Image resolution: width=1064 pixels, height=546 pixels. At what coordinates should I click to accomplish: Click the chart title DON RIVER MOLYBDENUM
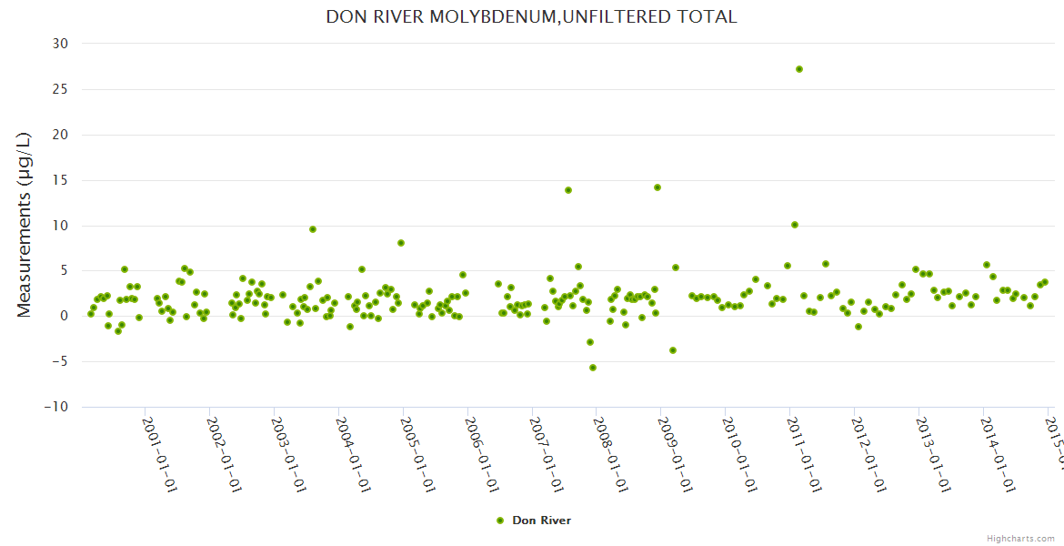tap(531, 17)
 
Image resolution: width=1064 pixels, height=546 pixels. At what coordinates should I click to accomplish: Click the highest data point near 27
tap(799, 69)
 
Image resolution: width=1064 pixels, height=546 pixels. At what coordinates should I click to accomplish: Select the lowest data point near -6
tap(593, 368)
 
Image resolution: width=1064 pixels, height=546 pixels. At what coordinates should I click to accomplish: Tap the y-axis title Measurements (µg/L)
tap(25, 225)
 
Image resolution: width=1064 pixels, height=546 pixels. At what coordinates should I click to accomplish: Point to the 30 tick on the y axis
tap(59, 44)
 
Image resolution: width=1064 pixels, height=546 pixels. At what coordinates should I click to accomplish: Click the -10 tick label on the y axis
tap(55, 407)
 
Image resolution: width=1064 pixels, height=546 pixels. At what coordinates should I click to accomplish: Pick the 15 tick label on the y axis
tap(59, 180)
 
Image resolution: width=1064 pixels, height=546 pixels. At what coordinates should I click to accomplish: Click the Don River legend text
tap(541, 521)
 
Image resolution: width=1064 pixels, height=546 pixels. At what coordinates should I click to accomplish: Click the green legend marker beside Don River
tap(499, 521)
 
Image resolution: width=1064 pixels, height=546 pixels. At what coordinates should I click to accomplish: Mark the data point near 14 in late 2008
tap(657, 187)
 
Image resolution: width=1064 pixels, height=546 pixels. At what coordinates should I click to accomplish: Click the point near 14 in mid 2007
tap(568, 190)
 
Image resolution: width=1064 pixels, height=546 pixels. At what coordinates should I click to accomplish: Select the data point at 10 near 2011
tap(795, 225)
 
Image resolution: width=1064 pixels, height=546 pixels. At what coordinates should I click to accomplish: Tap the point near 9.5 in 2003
tap(313, 229)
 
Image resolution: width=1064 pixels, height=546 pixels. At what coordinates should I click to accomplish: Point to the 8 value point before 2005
tap(401, 243)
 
